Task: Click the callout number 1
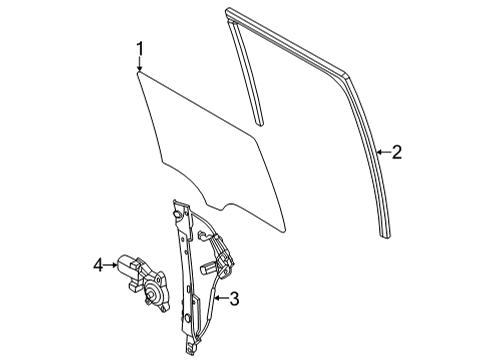pos(141,47)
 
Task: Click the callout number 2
pos(397,152)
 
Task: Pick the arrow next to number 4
pos(112,264)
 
